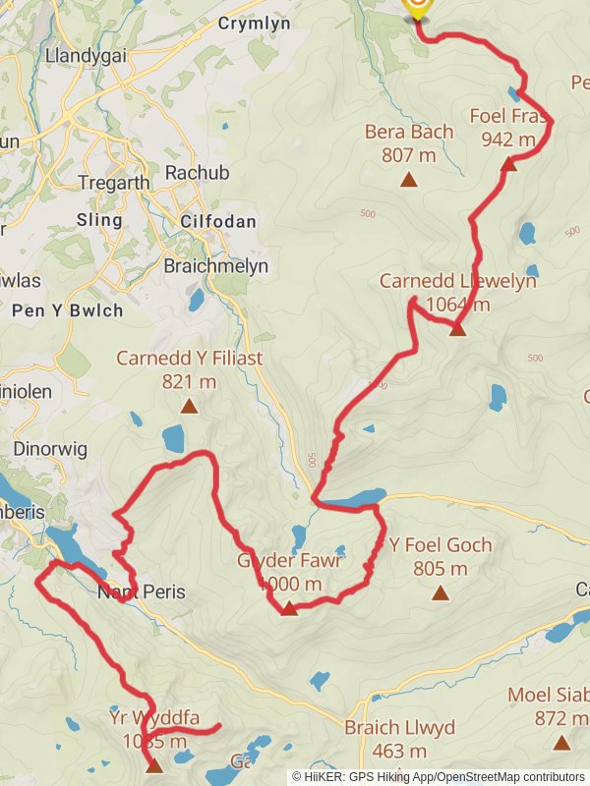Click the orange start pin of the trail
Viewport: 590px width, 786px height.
click(x=417, y=7)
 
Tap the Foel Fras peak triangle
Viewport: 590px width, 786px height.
click(x=508, y=164)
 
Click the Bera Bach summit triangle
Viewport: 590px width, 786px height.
click(x=408, y=179)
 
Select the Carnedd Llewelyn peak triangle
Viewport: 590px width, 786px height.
click(x=457, y=329)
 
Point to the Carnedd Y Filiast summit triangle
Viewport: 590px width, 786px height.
click(x=188, y=406)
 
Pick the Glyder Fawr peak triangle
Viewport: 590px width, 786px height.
click(x=289, y=609)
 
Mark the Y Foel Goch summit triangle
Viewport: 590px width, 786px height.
click(x=440, y=592)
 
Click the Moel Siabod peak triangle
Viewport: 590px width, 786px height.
click(x=561, y=744)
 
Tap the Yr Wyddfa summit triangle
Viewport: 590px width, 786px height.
click(x=154, y=765)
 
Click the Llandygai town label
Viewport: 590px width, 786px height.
click(x=86, y=56)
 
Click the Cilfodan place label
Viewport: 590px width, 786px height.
click(x=218, y=222)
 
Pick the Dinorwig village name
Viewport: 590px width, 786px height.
click(x=52, y=449)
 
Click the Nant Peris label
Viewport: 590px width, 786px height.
click(x=141, y=592)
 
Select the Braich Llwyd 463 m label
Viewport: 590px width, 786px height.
click(x=399, y=739)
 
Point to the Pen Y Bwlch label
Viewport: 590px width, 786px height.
click(x=68, y=310)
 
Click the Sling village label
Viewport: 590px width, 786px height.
click(x=100, y=220)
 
